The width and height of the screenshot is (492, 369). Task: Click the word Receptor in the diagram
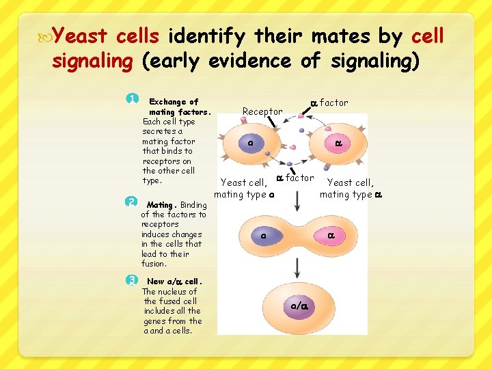point(262,111)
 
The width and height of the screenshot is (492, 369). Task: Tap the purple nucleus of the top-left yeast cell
point(250,143)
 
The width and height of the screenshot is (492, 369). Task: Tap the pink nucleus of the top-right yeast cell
point(338,143)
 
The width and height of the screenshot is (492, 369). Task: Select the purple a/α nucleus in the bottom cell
point(298,307)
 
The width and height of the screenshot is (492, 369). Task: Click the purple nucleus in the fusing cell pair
point(262,236)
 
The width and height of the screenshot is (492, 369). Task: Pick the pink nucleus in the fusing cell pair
point(330,236)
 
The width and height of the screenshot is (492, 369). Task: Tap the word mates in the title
point(353,35)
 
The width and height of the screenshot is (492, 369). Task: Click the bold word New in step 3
point(156,282)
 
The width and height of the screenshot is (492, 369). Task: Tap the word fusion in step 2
point(154,264)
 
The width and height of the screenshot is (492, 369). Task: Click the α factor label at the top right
point(329,102)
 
